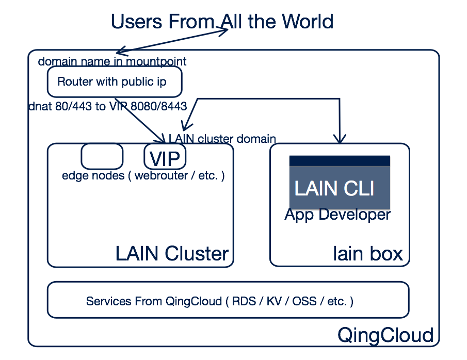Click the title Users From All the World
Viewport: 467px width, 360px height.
pyautogui.click(x=222, y=22)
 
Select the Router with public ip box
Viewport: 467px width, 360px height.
pyautogui.click(x=114, y=81)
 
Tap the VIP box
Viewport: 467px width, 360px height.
pyautogui.click(x=165, y=157)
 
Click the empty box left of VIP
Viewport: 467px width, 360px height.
pyautogui.click(x=102, y=156)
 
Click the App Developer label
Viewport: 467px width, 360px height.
pyautogui.click(x=337, y=215)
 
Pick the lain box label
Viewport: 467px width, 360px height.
pyautogui.click(x=367, y=254)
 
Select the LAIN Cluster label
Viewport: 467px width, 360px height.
pyautogui.click(x=172, y=254)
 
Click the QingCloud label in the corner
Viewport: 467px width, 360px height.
pyautogui.click(x=385, y=335)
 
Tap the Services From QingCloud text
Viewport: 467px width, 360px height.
pyautogui.click(x=220, y=301)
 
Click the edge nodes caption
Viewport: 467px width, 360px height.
pyautogui.click(x=143, y=175)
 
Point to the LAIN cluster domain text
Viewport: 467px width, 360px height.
pyautogui.click(x=222, y=139)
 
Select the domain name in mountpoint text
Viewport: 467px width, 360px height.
pyautogui.click(x=112, y=62)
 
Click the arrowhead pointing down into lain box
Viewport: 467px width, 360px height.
pyautogui.click(x=339, y=139)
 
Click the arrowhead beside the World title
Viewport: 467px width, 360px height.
pyautogui.click(x=223, y=31)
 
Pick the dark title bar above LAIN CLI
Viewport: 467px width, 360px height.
pyautogui.click(x=340, y=161)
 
